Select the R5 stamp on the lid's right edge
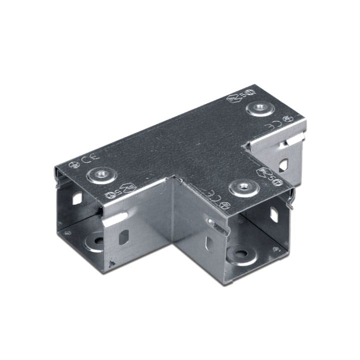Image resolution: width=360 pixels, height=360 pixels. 268,173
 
